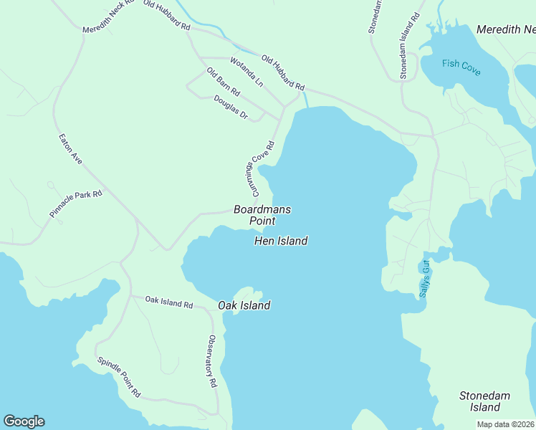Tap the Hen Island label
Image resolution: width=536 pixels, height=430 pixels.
coord(281,242)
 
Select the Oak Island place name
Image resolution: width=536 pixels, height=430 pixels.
coord(244,306)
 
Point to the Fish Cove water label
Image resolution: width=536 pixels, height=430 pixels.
coord(461,67)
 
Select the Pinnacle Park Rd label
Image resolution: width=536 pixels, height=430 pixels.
coord(77,204)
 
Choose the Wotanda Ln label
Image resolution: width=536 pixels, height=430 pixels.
coord(247,72)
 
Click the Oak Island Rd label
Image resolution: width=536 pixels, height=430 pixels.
coord(168,302)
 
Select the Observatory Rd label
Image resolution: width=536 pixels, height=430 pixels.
coord(212,362)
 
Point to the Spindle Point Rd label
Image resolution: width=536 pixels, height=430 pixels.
coord(119,378)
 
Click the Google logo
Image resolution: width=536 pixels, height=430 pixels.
coord(24,421)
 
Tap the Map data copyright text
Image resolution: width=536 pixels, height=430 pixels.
coord(506,424)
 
